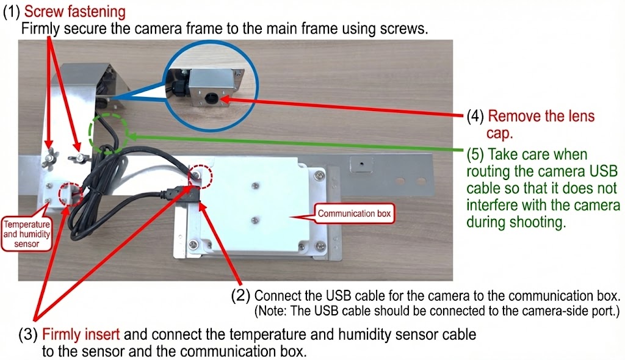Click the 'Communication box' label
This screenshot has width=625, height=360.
coord(354,214)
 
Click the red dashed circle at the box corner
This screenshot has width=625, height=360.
coord(201,177)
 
